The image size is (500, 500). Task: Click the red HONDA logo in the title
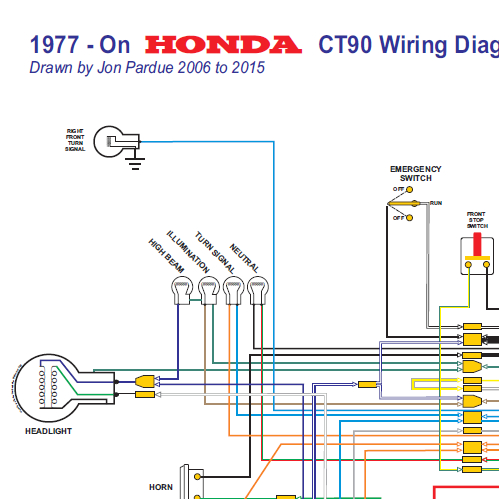pos(223,46)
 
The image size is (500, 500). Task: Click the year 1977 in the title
pos(64,46)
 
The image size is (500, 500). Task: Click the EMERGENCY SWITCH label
pos(416,173)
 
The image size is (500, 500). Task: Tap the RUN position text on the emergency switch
pos(436,203)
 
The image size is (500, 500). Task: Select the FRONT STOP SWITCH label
pos(477,220)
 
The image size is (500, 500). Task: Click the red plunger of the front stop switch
pos(477,246)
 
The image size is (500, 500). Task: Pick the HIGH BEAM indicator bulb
pos(181,291)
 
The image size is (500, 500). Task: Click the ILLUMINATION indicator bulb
pos(208,291)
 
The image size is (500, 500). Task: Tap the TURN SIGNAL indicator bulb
pos(233,291)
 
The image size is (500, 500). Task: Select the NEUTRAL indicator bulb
pos(258,291)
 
